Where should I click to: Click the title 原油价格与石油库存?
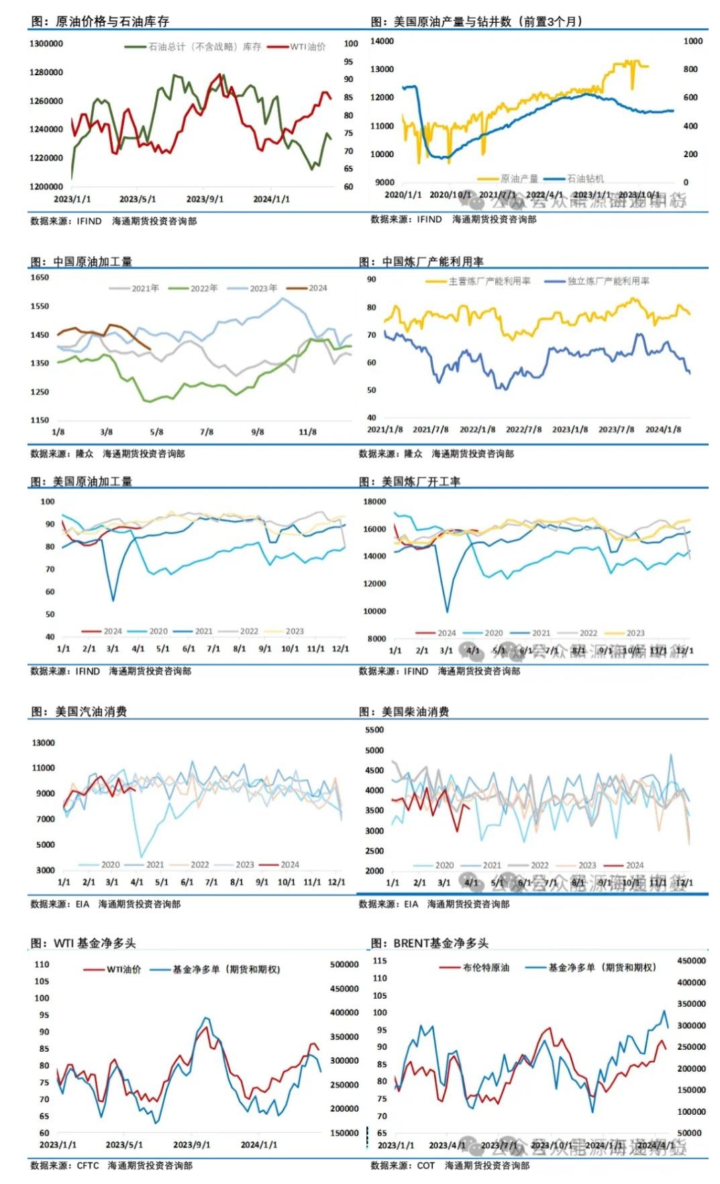click(x=112, y=21)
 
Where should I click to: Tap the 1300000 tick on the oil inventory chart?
click(x=46, y=44)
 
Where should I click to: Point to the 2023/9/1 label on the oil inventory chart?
click(x=205, y=199)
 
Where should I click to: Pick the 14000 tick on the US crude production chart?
click(x=382, y=41)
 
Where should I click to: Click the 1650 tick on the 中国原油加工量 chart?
click(x=40, y=277)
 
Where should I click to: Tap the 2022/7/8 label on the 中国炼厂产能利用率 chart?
click(x=523, y=430)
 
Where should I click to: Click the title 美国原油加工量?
click(x=93, y=481)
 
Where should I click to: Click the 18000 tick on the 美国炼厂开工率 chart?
click(x=374, y=501)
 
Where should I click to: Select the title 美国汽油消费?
click(x=91, y=711)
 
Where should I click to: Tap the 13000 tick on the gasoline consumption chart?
click(x=44, y=743)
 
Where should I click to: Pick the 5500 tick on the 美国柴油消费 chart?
click(x=374, y=730)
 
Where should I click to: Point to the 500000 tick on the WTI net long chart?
click(x=344, y=965)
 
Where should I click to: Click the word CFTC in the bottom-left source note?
click(x=88, y=1165)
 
